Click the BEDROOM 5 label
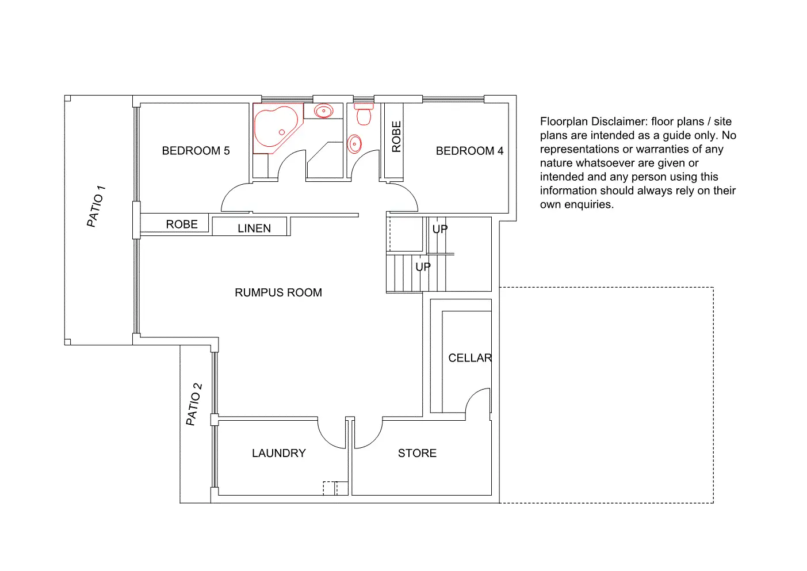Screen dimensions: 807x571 click(x=196, y=151)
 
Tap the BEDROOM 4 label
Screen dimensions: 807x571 click(x=469, y=151)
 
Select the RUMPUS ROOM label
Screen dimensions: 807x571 click(x=278, y=292)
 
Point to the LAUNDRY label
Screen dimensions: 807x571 click(x=279, y=453)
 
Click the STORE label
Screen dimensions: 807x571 click(x=417, y=453)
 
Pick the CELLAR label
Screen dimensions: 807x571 click(x=470, y=358)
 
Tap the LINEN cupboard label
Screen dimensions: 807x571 click(x=254, y=229)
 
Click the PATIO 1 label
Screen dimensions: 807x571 click(x=96, y=206)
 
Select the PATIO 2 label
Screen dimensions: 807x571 click(x=194, y=404)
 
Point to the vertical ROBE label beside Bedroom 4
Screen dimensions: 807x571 click(x=396, y=136)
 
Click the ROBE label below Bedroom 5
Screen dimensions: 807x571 click(x=182, y=224)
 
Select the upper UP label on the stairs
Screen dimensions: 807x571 click(x=440, y=229)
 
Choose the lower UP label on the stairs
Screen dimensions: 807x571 click(x=423, y=267)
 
